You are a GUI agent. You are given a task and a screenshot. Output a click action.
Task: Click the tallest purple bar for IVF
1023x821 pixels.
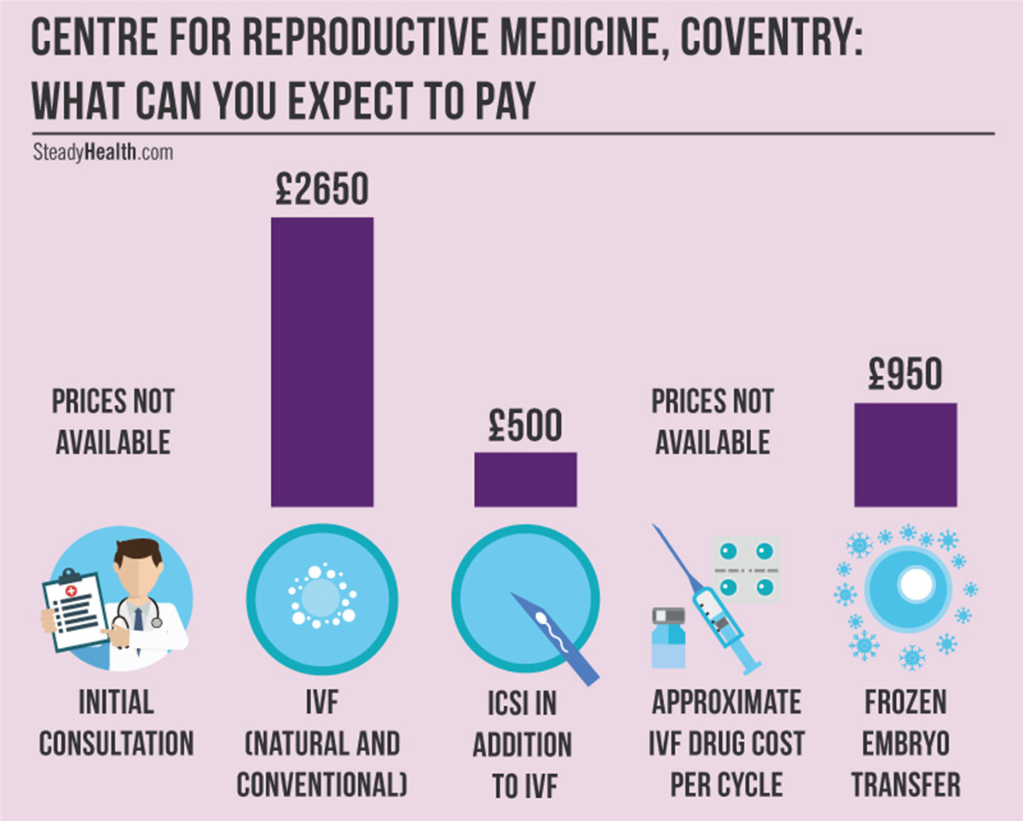(x=321, y=361)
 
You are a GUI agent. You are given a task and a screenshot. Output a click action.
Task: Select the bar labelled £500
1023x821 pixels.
(x=525, y=479)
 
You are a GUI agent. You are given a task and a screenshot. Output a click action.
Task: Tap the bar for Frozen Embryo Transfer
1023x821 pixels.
(x=905, y=454)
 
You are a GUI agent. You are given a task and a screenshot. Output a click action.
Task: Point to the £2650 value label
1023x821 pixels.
(x=322, y=189)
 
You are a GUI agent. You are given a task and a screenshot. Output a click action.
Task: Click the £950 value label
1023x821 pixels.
(x=905, y=375)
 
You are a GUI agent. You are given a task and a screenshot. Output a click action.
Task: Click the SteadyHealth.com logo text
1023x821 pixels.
(x=102, y=153)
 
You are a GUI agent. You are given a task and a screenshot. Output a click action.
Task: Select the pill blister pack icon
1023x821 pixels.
(x=746, y=569)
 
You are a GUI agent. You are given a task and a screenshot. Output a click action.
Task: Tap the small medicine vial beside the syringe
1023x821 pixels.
(x=668, y=638)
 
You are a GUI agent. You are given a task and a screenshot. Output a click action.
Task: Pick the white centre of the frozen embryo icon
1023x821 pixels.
(x=916, y=584)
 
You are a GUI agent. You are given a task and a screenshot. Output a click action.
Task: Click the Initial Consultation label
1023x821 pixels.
(x=117, y=723)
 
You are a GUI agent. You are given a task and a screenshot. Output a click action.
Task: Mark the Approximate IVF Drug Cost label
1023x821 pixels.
(x=727, y=744)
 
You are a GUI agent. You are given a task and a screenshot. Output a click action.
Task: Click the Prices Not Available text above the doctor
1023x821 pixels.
(x=113, y=421)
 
